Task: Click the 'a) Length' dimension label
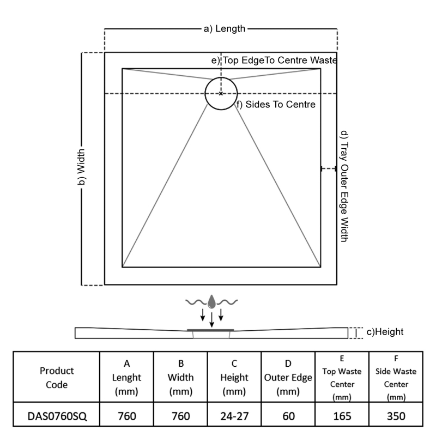(225, 29)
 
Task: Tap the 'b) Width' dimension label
(81, 168)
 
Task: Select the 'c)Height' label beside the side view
(385, 332)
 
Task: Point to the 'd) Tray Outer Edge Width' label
(343, 185)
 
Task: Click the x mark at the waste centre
(221, 94)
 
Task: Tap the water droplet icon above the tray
(212, 301)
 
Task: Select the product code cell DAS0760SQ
(57, 416)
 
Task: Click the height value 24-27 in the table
(234, 416)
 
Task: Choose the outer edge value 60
(288, 416)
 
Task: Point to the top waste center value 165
(342, 416)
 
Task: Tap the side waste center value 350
(396, 416)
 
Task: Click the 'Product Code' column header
(57, 377)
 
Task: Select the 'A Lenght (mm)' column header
(127, 377)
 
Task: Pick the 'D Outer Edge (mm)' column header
(288, 377)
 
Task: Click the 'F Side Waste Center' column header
(396, 377)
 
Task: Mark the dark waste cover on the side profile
(211, 330)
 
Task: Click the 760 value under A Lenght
(127, 416)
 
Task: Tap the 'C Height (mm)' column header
(234, 377)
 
